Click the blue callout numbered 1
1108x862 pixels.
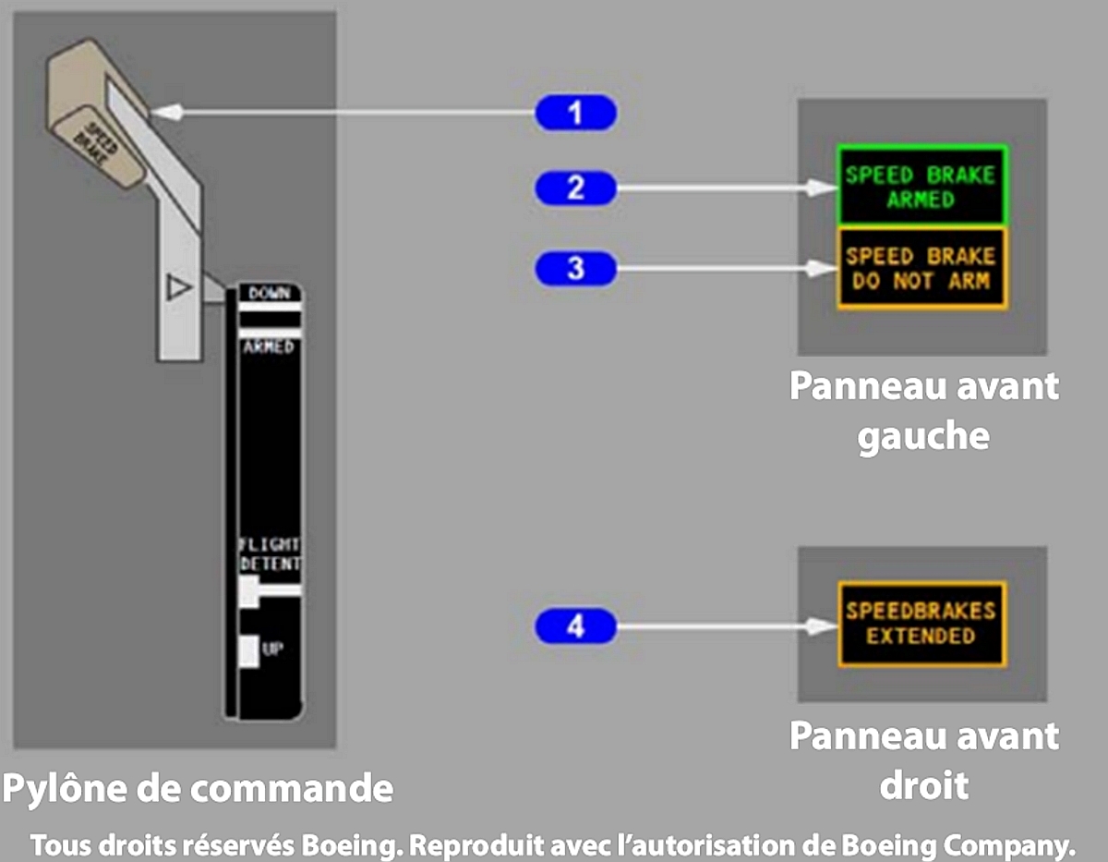coord(575,114)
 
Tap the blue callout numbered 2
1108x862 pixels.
coord(575,188)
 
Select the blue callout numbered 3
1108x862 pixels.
coord(575,269)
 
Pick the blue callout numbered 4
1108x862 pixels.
coord(575,627)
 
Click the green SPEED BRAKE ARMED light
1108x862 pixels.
coord(921,187)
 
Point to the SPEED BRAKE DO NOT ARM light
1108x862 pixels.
coord(921,268)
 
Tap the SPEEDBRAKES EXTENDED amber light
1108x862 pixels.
coord(921,624)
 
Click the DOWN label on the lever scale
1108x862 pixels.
coord(269,293)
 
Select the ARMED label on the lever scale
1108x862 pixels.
coord(268,347)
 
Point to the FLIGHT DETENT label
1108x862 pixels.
coord(270,554)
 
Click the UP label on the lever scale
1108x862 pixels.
coord(272,650)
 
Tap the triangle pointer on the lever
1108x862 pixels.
coord(179,288)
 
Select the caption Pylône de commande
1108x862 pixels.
coord(198,788)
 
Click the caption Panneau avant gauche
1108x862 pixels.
coord(922,410)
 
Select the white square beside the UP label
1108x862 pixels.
coord(247,650)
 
